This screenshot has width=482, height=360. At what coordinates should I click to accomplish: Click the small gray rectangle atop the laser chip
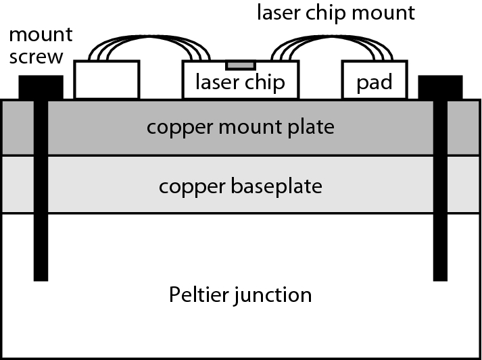pyautogui.click(x=241, y=65)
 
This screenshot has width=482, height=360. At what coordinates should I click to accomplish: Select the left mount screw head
pyautogui.click(x=41, y=87)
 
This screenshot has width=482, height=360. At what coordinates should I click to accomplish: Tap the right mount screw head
pyautogui.click(x=441, y=87)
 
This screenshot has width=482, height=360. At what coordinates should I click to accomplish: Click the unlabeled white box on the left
pyautogui.click(x=107, y=80)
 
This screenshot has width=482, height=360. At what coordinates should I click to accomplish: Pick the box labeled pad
pyautogui.click(x=375, y=80)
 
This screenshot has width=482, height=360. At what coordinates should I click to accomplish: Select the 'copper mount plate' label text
pyautogui.click(x=241, y=126)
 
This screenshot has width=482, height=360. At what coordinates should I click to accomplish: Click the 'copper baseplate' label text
pyautogui.click(x=241, y=185)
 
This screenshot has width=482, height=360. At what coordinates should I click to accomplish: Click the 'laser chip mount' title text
pyautogui.click(x=335, y=13)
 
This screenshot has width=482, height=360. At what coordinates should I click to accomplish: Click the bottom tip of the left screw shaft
pyautogui.click(x=41, y=277)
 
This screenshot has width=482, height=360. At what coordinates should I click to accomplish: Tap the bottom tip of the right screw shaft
pyautogui.click(x=441, y=277)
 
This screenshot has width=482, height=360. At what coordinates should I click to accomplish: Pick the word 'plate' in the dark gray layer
pyautogui.click(x=312, y=127)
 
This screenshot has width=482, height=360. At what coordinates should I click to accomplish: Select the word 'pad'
pyautogui.click(x=375, y=82)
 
